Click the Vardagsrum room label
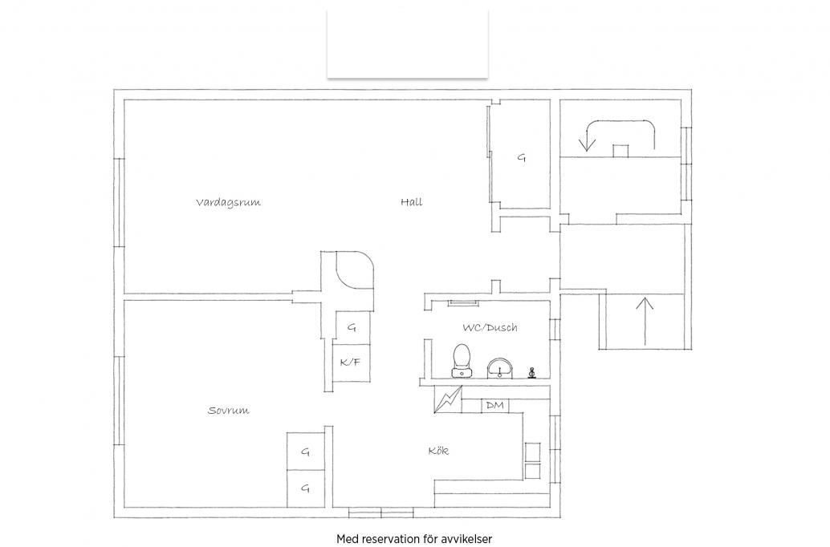228,203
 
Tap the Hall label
411,201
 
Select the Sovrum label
228,410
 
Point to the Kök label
438,451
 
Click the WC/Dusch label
490,327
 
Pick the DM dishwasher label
495,406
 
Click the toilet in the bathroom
461,360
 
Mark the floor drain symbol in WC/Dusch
532,373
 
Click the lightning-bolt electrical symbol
448,399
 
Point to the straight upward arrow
645,322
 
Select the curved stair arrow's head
587,144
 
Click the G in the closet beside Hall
522,157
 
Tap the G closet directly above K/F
352,327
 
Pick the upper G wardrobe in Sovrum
305,452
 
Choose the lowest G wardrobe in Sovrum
305,488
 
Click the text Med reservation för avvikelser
414,539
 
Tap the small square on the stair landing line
620,151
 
